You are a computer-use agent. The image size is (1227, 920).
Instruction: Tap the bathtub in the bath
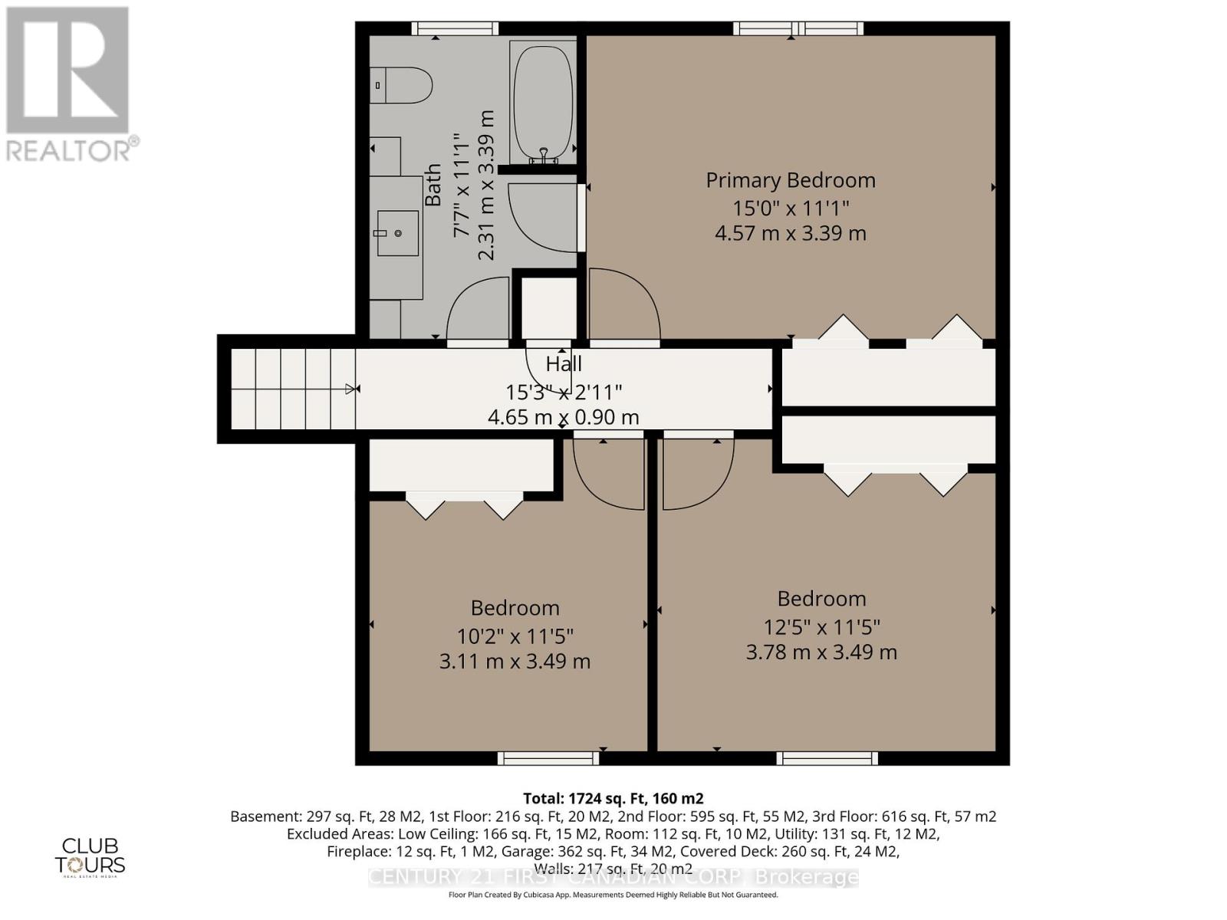542,103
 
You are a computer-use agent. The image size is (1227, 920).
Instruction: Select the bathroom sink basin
398,233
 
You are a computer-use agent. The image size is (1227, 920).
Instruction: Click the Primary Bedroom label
790,180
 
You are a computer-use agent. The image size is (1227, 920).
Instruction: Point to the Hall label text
564,363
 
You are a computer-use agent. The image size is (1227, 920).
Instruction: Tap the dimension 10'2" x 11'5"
515,636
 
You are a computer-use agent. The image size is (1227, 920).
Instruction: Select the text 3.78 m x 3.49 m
821,652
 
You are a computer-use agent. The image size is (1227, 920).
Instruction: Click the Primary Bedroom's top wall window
798,29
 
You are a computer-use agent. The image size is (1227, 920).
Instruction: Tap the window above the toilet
455,29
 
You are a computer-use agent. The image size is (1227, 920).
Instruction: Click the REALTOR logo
69,84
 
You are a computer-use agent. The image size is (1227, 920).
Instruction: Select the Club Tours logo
90,856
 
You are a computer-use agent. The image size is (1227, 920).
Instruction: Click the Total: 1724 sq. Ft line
613,798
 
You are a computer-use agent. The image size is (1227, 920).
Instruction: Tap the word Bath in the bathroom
433,185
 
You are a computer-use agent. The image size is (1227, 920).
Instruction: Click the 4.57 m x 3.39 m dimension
790,233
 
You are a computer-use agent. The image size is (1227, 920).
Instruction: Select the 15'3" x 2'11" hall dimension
564,392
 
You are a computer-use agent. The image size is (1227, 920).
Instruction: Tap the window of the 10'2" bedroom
548,758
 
